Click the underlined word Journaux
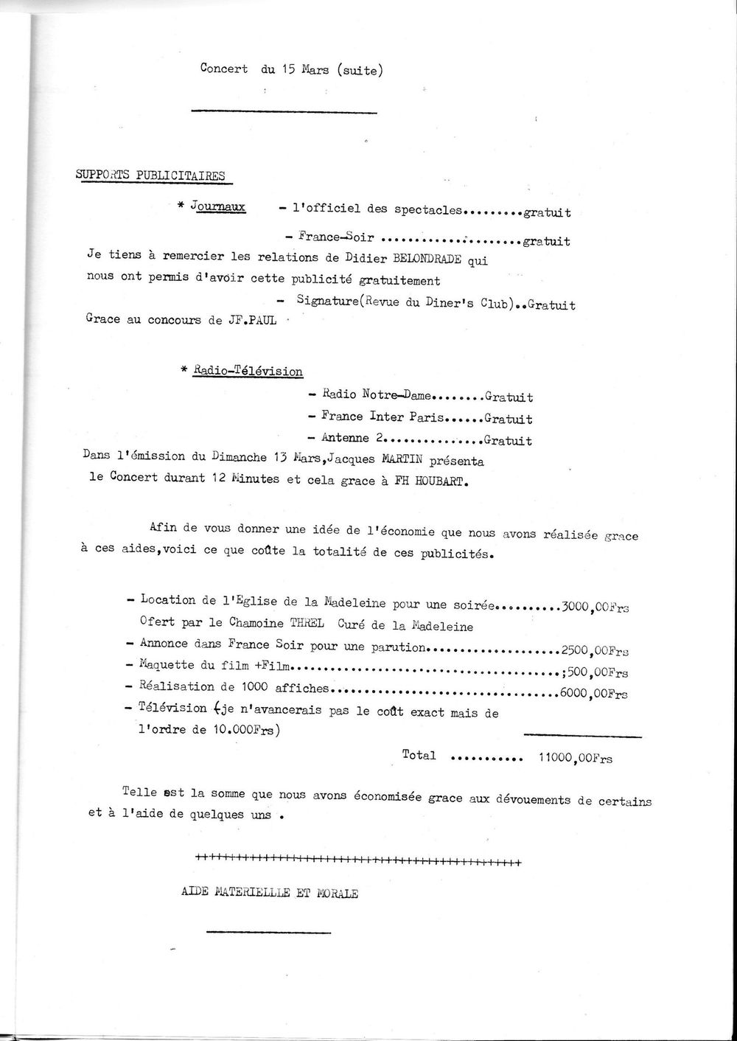(218, 207)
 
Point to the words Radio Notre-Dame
(377, 396)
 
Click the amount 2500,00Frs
(595, 651)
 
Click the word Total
(419, 755)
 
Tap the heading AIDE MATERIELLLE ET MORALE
(270, 894)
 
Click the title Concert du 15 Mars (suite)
(291, 70)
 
